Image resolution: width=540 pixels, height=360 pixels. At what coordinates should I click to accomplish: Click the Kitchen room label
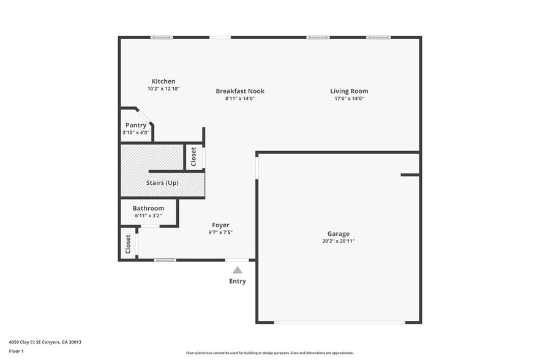(163, 81)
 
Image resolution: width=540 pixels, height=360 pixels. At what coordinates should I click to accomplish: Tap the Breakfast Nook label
(240, 91)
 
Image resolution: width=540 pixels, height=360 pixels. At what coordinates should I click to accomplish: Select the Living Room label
(349, 91)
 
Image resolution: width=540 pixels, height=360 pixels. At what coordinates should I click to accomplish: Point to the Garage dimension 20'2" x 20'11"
(338, 241)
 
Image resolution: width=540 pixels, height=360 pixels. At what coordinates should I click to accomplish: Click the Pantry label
(136, 125)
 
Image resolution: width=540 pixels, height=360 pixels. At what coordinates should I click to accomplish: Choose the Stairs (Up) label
(162, 183)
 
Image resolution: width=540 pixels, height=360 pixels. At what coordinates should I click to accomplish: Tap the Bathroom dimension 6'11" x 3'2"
(148, 216)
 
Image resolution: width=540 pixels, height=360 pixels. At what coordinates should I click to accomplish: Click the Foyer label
(220, 225)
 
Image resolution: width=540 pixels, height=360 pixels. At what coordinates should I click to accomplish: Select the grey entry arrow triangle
(238, 270)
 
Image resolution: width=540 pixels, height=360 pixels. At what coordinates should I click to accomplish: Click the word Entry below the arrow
(238, 281)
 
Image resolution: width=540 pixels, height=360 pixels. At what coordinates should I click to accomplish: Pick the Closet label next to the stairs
(193, 157)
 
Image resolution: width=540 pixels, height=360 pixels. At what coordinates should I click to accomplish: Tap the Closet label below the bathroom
(128, 244)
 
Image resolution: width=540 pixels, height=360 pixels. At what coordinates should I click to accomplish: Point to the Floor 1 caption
(17, 351)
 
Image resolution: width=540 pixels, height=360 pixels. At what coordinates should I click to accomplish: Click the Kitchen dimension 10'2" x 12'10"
(163, 89)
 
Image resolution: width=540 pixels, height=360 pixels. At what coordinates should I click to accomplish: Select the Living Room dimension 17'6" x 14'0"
(349, 98)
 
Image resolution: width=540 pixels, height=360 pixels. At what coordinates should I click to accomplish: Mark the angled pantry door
(144, 116)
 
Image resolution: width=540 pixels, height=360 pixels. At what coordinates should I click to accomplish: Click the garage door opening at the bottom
(339, 322)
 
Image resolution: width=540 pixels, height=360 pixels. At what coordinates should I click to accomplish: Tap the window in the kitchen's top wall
(162, 37)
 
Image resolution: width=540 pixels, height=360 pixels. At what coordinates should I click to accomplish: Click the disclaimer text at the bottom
(269, 353)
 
